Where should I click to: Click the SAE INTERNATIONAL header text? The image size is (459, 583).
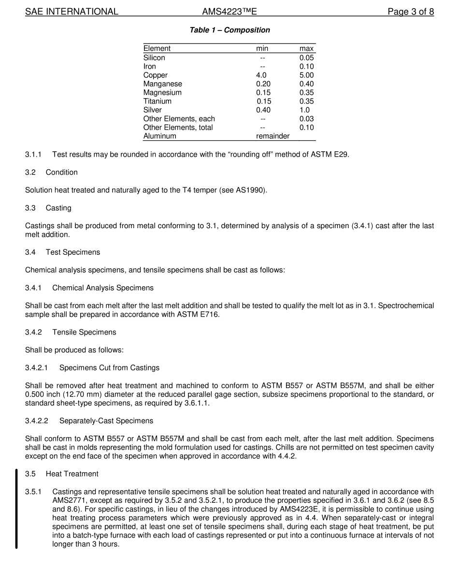72,12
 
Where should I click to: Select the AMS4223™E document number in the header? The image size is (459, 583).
229,12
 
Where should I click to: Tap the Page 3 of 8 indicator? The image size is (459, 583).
411,12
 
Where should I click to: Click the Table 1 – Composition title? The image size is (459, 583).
229,30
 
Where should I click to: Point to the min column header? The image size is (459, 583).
262,48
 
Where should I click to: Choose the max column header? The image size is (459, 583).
306,48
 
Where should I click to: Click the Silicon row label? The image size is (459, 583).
154,58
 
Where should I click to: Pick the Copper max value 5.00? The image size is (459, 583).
306,75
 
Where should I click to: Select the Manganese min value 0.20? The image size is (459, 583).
263,84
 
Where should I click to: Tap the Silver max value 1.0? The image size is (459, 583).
304,110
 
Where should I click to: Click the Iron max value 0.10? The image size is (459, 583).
306,66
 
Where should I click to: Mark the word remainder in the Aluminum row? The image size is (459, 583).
273,136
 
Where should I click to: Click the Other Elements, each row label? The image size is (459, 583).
179,118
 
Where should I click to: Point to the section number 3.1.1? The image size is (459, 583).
33,154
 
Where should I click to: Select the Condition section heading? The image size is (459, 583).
61,172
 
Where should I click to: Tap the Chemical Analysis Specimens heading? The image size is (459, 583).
102,288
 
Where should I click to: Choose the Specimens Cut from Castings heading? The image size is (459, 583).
109,367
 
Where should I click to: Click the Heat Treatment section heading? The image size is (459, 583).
72,474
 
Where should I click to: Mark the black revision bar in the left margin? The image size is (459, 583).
16,509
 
